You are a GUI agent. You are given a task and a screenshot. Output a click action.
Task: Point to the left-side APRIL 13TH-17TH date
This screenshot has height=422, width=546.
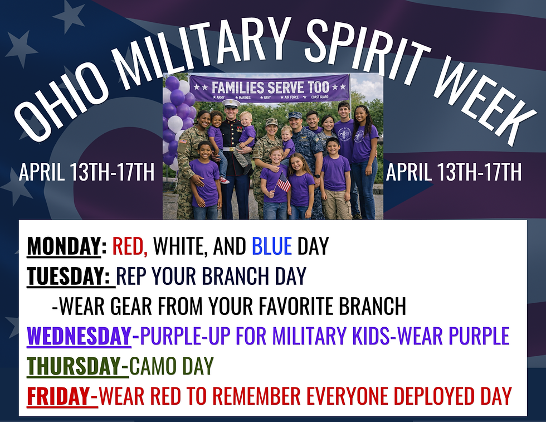86,172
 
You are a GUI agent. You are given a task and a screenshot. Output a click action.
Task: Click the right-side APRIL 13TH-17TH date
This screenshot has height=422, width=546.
454,172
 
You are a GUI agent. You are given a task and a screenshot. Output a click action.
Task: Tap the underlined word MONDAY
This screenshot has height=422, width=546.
63,246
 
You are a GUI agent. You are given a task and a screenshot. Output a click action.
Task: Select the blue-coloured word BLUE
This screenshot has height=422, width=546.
272,246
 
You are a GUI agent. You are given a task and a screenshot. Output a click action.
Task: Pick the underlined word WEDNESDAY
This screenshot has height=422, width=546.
79,336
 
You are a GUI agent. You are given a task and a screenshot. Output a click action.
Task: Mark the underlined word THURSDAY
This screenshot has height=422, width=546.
73,366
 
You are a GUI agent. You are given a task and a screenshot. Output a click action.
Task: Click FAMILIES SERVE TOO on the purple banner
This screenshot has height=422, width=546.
270,88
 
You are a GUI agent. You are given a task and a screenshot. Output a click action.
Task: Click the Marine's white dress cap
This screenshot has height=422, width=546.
231,103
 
